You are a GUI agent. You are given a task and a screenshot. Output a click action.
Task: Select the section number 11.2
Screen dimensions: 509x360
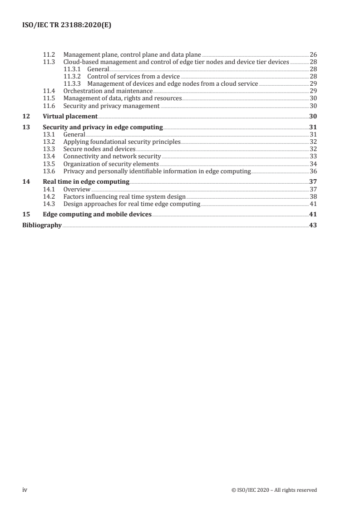pos(49,54)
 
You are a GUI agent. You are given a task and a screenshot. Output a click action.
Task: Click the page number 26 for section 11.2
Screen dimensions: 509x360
pos(313,54)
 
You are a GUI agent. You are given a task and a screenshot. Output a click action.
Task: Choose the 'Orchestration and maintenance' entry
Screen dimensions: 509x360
pos(108,91)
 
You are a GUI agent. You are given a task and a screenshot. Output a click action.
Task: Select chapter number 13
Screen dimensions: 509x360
pos(26,127)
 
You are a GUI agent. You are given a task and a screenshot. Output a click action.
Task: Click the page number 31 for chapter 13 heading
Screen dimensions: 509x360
pos(313,127)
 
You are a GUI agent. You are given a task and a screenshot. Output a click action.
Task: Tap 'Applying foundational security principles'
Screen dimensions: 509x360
pos(122,142)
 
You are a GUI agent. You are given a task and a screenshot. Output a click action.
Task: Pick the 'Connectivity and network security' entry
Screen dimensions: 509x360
pos(112,157)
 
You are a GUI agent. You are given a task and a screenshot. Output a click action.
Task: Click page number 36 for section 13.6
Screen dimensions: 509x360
pos(313,171)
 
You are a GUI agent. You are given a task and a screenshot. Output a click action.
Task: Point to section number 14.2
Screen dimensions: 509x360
pos(49,196)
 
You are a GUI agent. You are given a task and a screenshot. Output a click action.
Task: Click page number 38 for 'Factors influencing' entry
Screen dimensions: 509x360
pos(313,196)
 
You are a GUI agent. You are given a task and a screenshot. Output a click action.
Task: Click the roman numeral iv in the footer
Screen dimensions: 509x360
pos(25,489)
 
